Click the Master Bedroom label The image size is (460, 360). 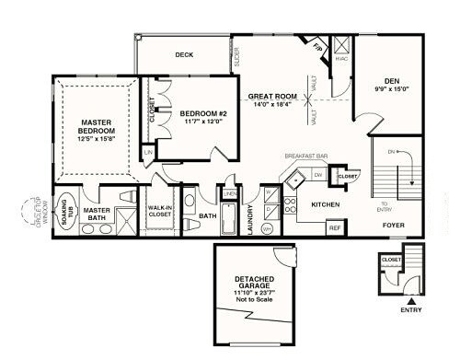96,126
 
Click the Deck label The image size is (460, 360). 185,54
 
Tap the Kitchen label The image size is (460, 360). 326,204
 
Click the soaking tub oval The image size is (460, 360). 67,209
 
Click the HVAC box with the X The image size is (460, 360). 340,45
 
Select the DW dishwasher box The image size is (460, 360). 317,174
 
